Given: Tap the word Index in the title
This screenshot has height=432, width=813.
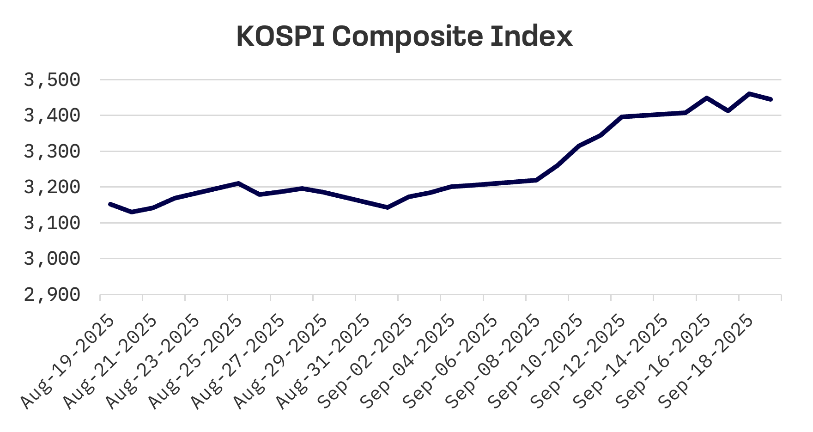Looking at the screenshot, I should [531, 36].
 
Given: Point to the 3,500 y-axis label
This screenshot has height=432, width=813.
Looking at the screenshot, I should [52, 80].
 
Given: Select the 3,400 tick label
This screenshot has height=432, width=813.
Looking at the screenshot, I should [52, 116].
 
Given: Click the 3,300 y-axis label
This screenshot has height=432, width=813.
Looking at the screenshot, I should [52, 152].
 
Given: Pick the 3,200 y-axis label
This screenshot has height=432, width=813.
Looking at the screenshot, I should [52, 187].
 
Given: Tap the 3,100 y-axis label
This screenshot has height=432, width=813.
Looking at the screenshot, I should [52, 223].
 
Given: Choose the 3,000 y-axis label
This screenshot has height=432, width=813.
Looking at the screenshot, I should [52, 259].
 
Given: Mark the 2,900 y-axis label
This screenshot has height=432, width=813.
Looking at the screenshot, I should [52, 295].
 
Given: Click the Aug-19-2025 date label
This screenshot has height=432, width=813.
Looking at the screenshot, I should [68, 362].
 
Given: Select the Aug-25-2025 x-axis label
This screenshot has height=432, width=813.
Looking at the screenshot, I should [195, 362].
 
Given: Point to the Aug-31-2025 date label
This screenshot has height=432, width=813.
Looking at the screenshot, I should [323, 362].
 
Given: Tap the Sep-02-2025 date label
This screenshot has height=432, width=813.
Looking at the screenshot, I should [366, 362].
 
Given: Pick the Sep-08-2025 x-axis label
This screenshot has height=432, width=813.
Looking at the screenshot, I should [493, 362].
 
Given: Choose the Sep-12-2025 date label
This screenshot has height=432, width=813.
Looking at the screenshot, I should [579, 362].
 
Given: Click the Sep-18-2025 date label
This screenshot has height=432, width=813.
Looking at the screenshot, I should [707, 362].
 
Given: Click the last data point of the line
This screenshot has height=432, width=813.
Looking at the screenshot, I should [771, 99].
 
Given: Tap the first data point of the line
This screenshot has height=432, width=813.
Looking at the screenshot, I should [110, 204].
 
